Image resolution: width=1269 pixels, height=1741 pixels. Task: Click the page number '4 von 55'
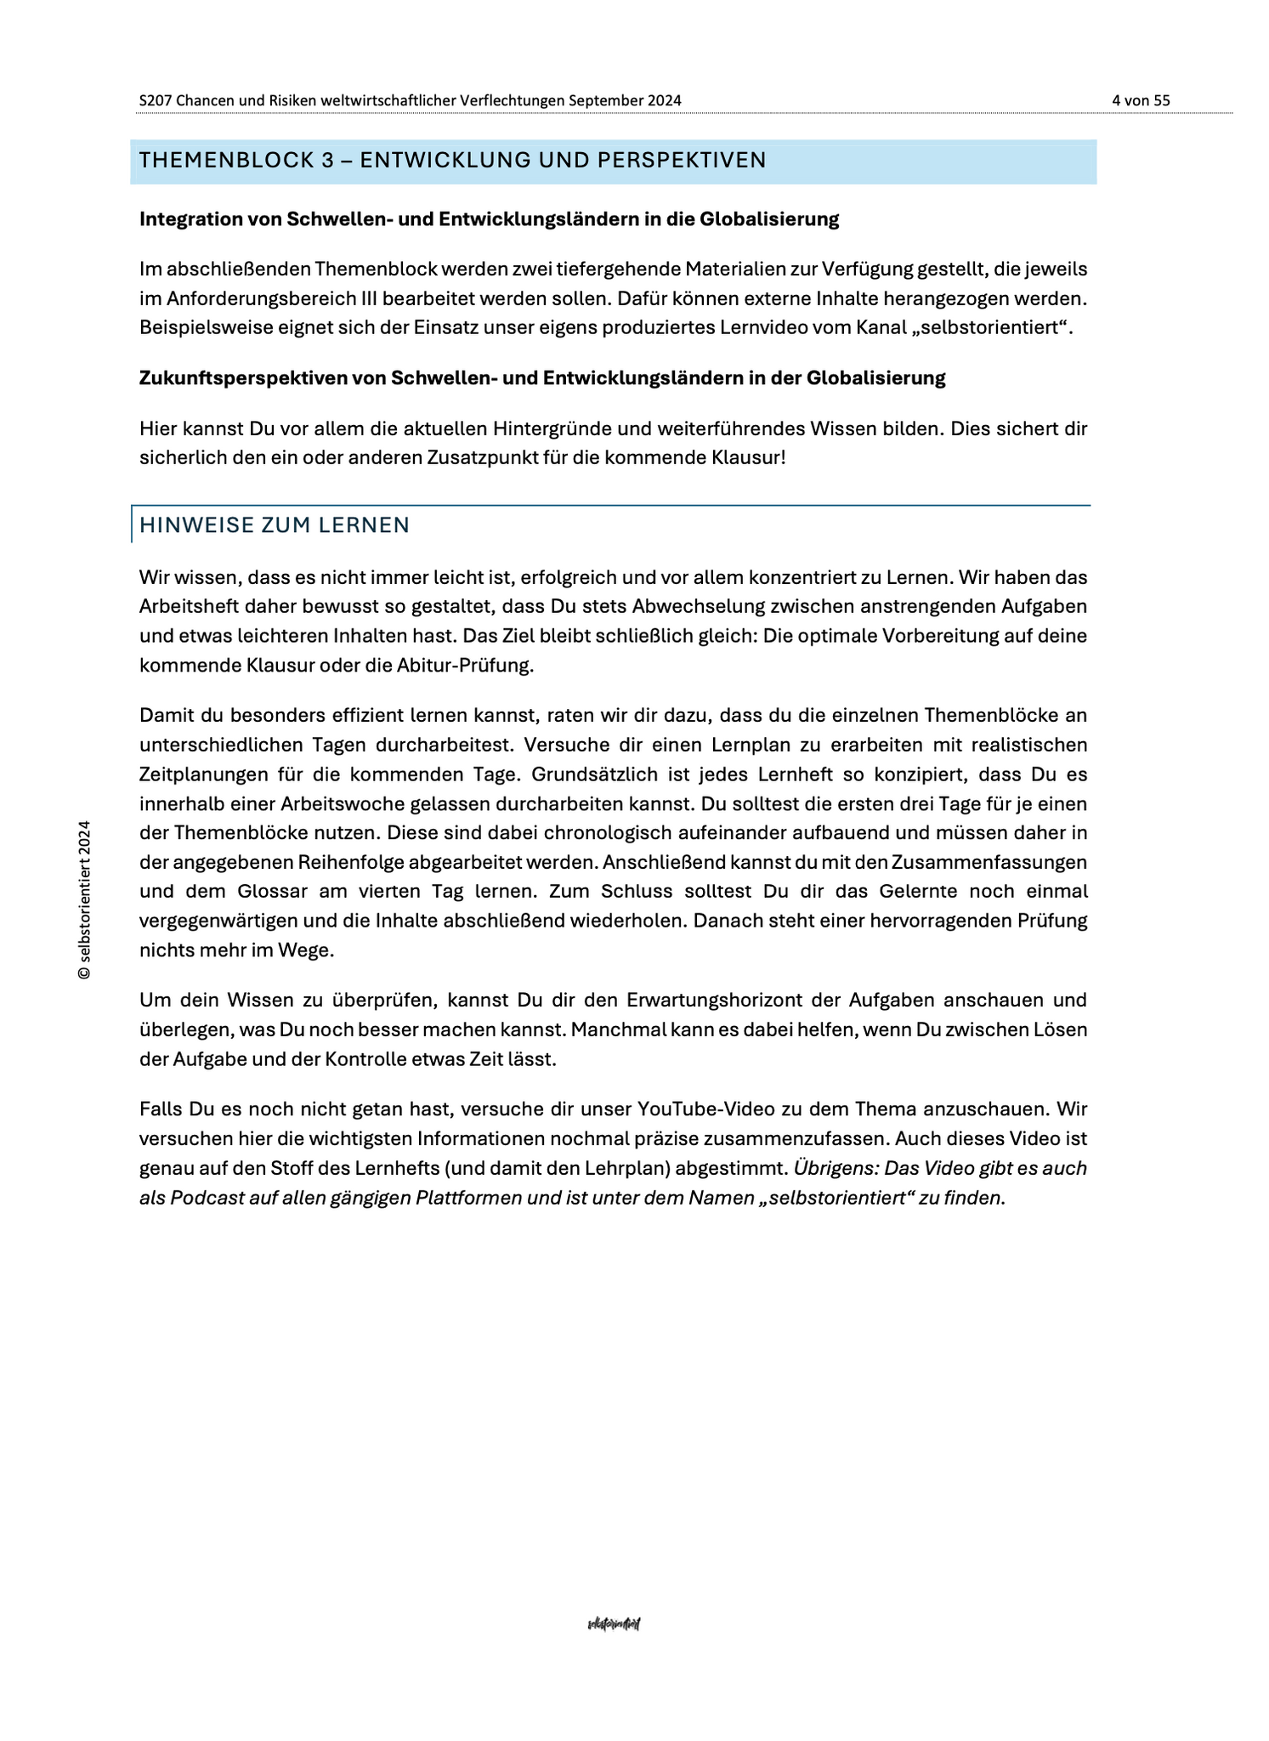[x=1141, y=100]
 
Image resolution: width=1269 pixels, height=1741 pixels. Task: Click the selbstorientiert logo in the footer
[x=614, y=1625]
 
